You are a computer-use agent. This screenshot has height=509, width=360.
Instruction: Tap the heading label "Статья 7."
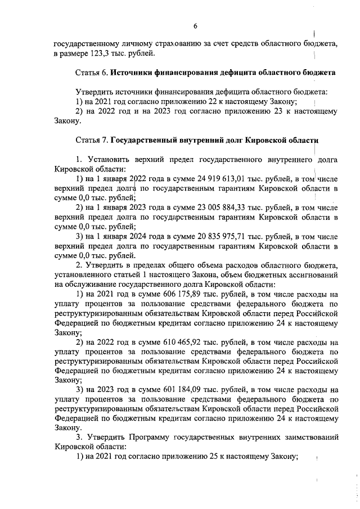click(91, 139)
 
